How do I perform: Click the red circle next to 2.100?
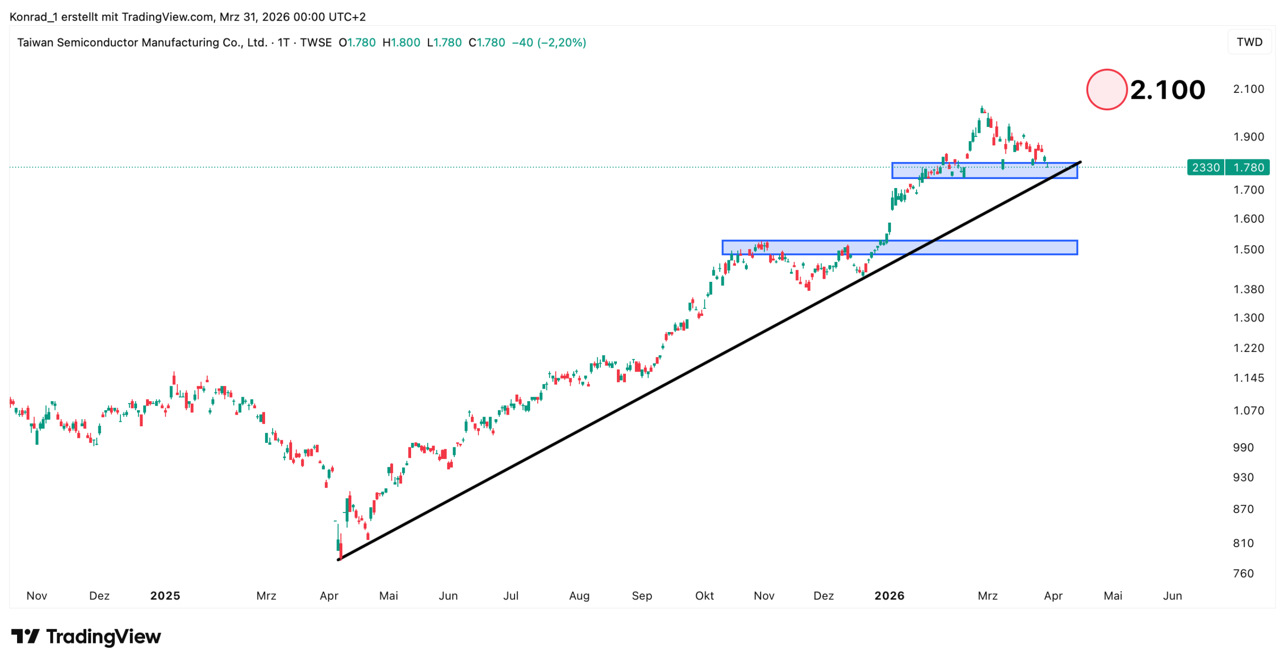tap(1106, 89)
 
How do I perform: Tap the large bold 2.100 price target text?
tap(1168, 90)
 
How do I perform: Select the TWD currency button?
tap(1249, 42)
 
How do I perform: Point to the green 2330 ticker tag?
tap(1206, 168)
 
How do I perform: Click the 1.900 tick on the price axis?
tap(1248, 137)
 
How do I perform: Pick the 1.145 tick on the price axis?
tap(1248, 378)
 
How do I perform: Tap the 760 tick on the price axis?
tap(1243, 574)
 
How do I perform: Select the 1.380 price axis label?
tap(1248, 289)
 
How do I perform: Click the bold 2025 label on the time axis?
tap(165, 596)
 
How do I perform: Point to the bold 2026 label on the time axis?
tap(889, 596)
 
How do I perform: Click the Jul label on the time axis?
tap(511, 596)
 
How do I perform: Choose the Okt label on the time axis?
tap(704, 596)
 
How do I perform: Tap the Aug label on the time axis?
tap(579, 596)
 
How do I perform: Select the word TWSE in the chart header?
tap(316, 43)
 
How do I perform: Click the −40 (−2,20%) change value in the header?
tap(549, 43)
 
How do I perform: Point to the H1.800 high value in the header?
tap(401, 43)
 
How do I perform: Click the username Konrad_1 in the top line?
tap(34, 17)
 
